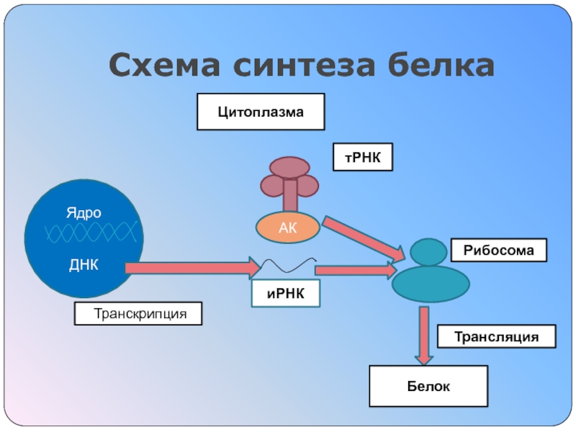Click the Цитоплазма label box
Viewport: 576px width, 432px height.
click(261, 112)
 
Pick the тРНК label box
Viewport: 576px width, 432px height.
click(362, 157)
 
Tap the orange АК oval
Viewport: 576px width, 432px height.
click(288, 228)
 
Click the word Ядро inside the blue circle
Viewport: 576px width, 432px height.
click(84, 214)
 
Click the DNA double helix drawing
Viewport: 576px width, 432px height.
click(90, 233)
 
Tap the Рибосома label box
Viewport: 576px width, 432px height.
click(498, 251)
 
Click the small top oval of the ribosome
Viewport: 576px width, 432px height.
click(429, 252)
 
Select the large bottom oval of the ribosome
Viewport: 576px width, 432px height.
click(431, 284)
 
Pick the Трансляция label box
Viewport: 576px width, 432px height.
click(497, 337)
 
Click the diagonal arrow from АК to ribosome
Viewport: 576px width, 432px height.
click(363, 238)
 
